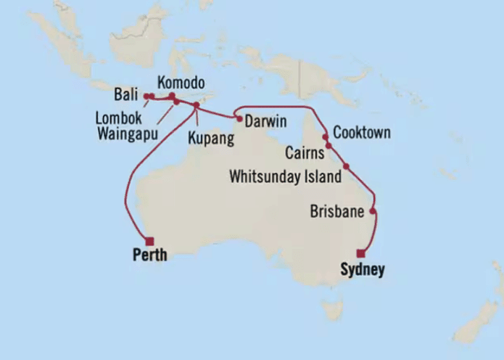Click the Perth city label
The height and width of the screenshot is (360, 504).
tap(149, 255)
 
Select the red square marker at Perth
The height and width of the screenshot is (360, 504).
tap(149, 242)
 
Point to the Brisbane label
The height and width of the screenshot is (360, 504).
tap(336, 213)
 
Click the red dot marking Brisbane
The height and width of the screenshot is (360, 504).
tap(373, 211)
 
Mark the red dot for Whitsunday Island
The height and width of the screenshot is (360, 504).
tap(346, 167)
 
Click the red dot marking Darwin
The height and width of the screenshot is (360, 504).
tap(238, 118)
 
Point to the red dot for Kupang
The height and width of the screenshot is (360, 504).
tap(196, 106)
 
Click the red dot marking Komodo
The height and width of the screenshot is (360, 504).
tap(172, 96)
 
